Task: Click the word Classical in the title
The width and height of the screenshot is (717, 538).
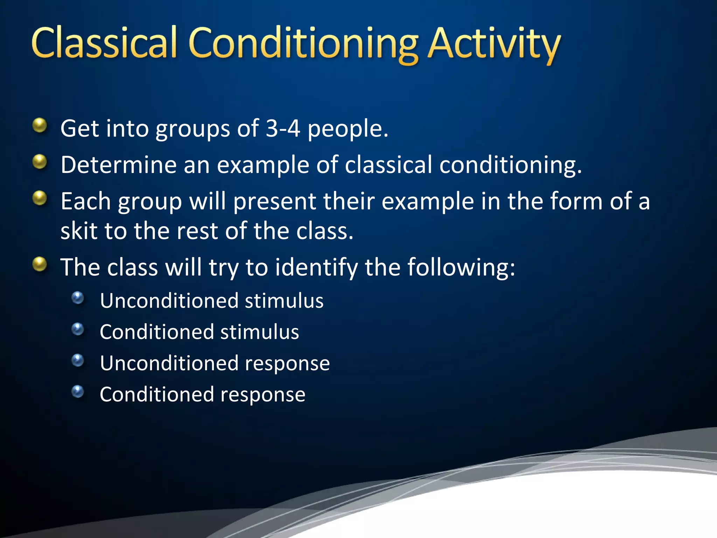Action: coord(104,44)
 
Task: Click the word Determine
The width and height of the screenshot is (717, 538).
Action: coord(118,165)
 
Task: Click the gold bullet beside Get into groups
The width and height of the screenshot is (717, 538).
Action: coord(40,125)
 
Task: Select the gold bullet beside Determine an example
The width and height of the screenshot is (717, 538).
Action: coord(40,162)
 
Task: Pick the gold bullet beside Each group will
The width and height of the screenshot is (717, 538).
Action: coord(40,198)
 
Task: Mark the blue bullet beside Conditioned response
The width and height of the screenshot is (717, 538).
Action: coord(78,392)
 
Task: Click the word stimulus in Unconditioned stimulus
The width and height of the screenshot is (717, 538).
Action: coord(284,301)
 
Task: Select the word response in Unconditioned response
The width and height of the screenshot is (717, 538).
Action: coord(287,363)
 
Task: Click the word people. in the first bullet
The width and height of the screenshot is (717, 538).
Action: coord(348,129)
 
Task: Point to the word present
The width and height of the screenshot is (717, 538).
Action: coord(274,201)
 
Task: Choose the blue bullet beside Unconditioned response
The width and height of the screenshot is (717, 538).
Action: coord(78,360)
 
